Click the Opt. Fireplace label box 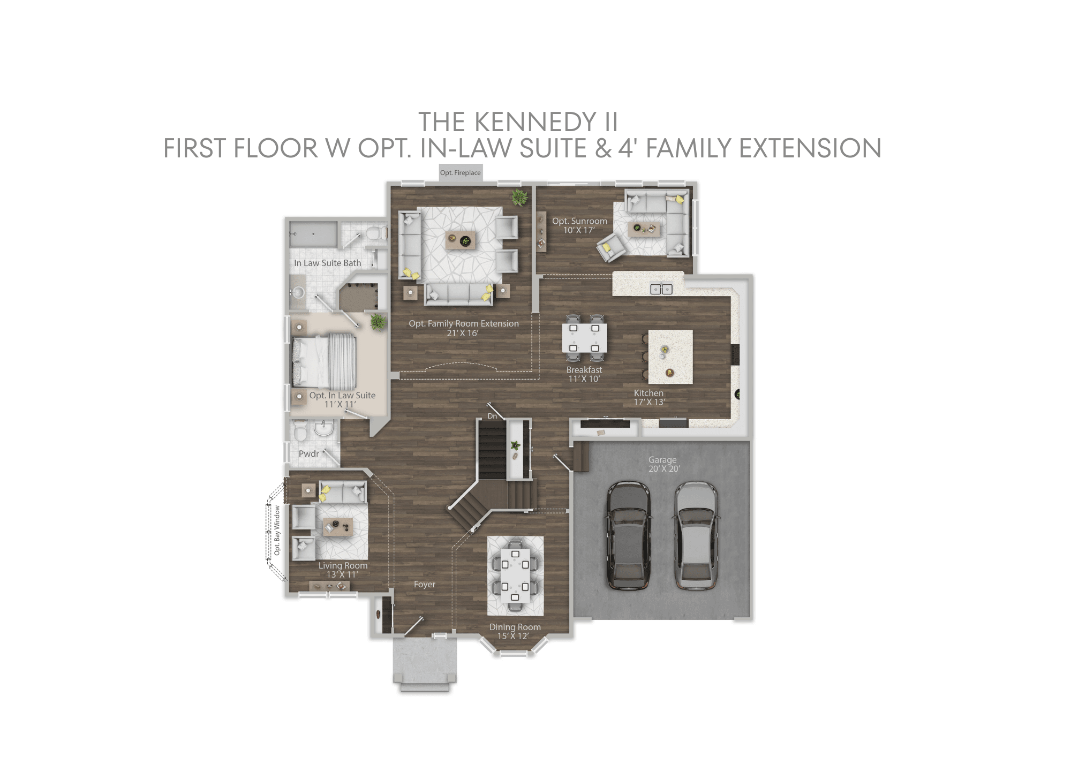460,172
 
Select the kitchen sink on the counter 661,289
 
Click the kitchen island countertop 670,357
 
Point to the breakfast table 584,338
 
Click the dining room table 515,576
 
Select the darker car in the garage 629,535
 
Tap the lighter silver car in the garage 695,535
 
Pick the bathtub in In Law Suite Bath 313,235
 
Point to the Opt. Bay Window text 277,530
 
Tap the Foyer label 424,585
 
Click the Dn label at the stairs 492,416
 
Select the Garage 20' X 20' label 663,464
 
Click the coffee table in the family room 460,241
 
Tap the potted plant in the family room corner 519,197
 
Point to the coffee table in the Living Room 337,527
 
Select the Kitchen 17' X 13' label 649,397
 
